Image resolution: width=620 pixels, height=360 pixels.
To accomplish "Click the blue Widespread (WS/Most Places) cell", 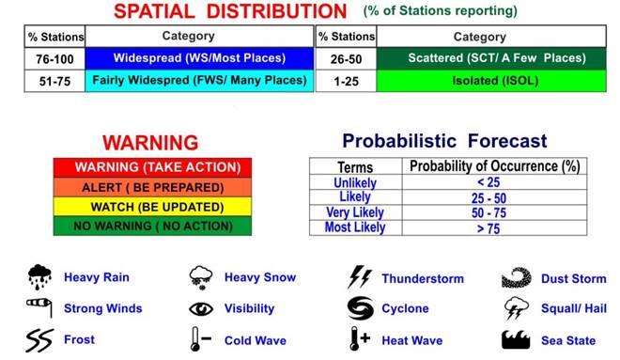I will tap(200, 58).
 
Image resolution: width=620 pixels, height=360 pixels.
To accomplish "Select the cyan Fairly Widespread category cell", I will tap(200, 81).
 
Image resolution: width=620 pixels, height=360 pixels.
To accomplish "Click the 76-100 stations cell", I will tap(55, 58).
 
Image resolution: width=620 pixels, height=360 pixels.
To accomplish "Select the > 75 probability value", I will tap(493, 227).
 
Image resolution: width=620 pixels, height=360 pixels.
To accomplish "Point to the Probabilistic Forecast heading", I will tap(444, 142).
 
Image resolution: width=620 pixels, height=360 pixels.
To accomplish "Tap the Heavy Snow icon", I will tap(200, 277).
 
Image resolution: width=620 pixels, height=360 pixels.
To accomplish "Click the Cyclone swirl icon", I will tap(360, 308).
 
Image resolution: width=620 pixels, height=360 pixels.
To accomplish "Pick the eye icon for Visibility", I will tap(200, 308).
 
